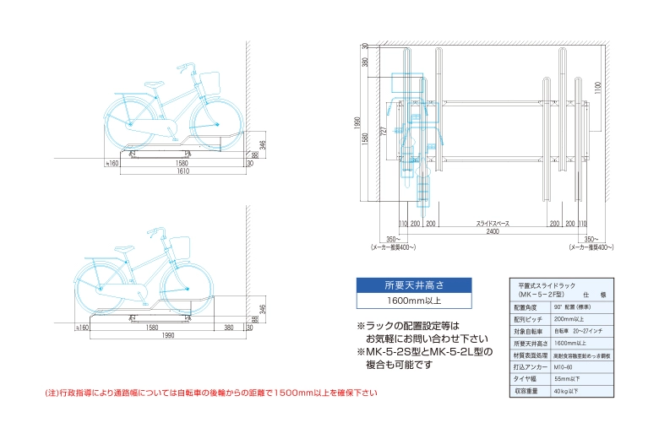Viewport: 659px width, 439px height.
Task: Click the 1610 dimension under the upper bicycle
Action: coord(182,171)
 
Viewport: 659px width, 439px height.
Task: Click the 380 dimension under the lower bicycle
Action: coord(230,328)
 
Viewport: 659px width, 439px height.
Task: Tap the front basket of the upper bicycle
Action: coord(210,82)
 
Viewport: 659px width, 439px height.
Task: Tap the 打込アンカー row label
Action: coord(531,367)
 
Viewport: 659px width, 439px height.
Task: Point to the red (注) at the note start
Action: coord(52,393)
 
